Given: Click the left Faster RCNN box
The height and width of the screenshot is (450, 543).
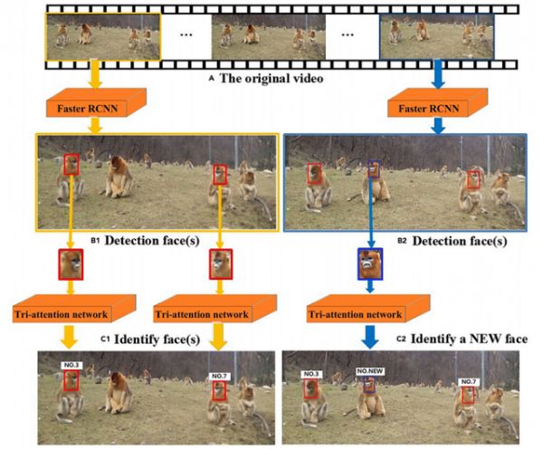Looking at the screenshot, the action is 96,103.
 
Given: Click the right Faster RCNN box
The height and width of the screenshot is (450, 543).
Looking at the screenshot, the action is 437,103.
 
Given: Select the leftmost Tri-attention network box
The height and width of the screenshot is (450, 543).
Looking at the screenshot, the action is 74,309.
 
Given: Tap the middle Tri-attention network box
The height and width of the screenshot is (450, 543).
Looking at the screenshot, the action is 214,309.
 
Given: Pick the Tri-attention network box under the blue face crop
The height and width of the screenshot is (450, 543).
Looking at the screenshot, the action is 368,309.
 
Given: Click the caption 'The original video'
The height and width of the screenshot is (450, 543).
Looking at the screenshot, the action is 271,78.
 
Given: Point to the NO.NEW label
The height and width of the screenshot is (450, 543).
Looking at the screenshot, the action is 370,371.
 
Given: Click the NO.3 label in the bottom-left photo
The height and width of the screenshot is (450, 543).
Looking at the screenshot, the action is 71,365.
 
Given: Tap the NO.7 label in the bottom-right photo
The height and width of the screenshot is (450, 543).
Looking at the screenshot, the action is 469,381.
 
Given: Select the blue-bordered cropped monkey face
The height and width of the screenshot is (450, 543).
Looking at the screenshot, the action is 370,264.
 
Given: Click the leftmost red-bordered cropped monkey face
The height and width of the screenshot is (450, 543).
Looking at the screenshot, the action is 71,264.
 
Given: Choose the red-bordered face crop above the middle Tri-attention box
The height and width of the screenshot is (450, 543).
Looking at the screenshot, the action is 221,264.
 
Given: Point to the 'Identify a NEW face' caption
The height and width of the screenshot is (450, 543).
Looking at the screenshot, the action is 469,339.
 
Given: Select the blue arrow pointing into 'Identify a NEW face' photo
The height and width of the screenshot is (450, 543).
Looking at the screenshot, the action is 370,337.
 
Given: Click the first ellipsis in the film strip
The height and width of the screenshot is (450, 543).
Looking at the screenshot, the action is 186,35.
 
